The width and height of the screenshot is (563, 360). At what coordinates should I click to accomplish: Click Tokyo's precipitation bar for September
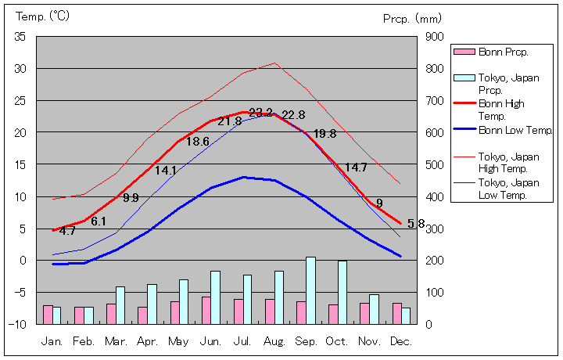[x=310, y=290]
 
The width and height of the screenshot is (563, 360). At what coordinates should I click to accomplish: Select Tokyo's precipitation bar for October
[x=342, y=292]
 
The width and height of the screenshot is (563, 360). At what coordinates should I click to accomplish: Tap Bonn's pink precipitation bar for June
[x=206, y=310]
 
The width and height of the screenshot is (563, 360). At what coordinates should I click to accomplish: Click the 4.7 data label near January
[x=67, y=232]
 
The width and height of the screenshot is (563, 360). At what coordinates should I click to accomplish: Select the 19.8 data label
[x=325, y=134]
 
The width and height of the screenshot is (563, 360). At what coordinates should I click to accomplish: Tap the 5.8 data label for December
[x=416, y=224]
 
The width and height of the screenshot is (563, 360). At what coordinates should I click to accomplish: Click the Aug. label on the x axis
[x=274, y=341]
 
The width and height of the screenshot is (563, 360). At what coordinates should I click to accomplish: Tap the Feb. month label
[x=84, y=341]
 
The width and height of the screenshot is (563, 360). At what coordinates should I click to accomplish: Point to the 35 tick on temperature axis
[x=20, y=37]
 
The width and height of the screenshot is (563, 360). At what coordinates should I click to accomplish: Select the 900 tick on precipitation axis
[x=434, y=37]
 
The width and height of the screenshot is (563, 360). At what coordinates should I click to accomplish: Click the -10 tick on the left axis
[x=19, y=323]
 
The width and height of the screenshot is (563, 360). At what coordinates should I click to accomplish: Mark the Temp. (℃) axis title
[x=42, y=16]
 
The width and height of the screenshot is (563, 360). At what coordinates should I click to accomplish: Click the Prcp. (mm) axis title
[x=412, y=18]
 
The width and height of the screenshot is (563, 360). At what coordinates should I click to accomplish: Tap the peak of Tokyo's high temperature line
[x=274, y=63]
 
